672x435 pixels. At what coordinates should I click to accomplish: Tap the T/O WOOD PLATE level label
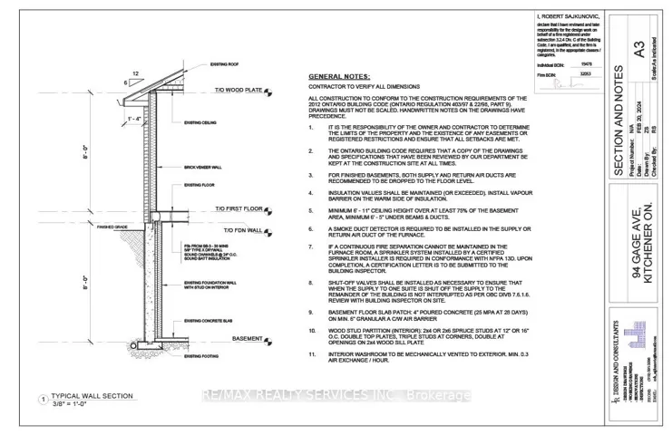tap(239, 91)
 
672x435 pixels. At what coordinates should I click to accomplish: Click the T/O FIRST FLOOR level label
tap(239, 210)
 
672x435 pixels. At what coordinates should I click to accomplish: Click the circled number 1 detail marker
tap(43, 399)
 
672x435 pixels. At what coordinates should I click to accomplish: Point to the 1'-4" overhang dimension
tap(133, 119)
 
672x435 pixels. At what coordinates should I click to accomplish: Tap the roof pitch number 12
tap(135, 73)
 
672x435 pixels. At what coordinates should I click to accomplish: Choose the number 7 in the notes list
tap(311, 246)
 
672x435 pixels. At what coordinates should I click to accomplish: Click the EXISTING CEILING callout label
tap(200, 121)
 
